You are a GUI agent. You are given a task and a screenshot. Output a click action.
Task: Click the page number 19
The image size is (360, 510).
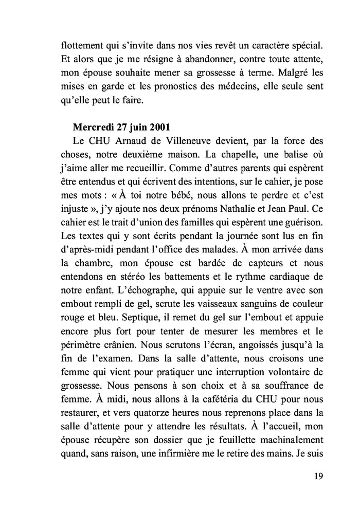coord(317,476)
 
